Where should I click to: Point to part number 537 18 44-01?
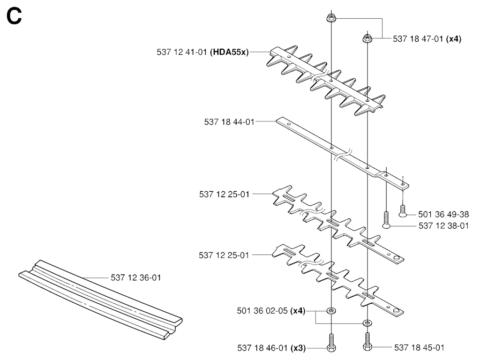(x=229, y=122)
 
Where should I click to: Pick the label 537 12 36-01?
(x=136, y=277)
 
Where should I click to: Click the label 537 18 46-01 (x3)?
(x=271, y=348)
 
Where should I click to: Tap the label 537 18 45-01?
(x=419, y=347)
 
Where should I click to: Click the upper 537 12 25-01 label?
(x=224, y=194)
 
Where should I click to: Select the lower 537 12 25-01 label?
(x=224, y=255)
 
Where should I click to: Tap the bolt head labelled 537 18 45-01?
(x=367, y=347)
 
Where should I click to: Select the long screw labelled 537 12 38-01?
(x=386, y=220)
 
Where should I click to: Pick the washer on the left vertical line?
(x=331, y=310)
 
